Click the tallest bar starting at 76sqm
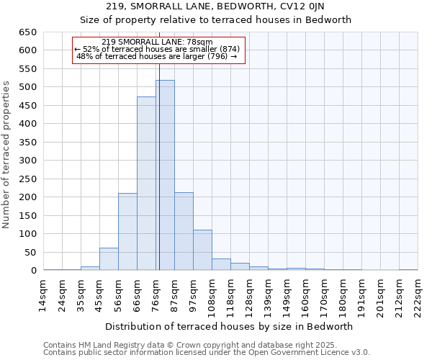tap(165, 176)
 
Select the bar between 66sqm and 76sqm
tap(146, 184)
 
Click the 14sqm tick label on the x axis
tap(44, 294)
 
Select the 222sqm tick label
tap(418, 294)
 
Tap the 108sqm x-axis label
tap(212, 294)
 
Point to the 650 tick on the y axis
tap(28, 32)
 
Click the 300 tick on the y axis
tap(28, 161)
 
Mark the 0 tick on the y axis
tap(34, 271)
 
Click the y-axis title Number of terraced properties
tap(7, 155)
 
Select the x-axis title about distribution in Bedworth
tap(230, 326)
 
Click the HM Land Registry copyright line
tap(192, 346)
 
